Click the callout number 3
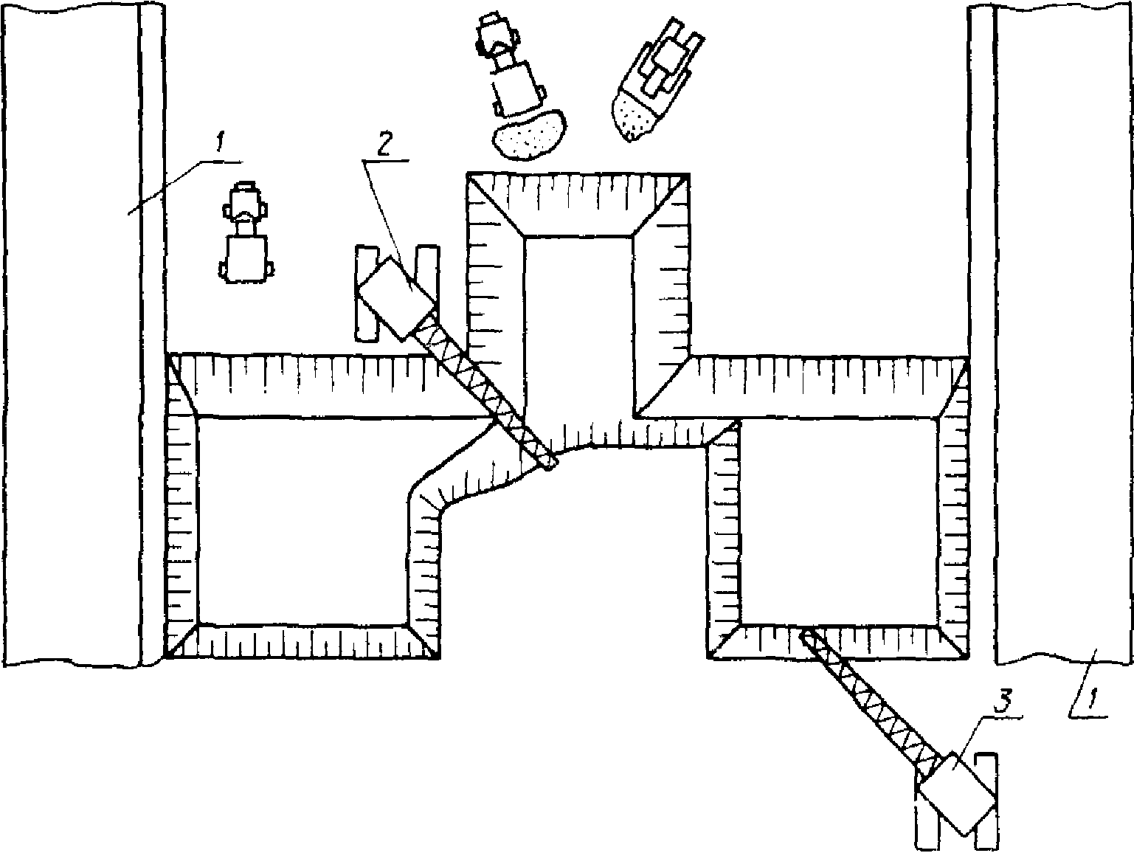click(1002, 704)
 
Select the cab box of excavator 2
click(396, 299)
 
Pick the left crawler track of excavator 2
click(367, 294)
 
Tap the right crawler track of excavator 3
click(985, 801)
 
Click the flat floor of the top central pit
click(578, 325)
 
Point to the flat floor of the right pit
click(840, 521)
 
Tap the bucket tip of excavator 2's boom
click(551, 464)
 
